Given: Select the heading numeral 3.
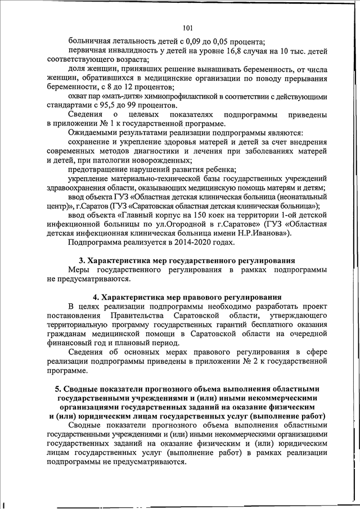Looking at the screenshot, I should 80,261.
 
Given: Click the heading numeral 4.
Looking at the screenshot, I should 95,297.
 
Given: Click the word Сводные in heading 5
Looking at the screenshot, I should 84,389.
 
